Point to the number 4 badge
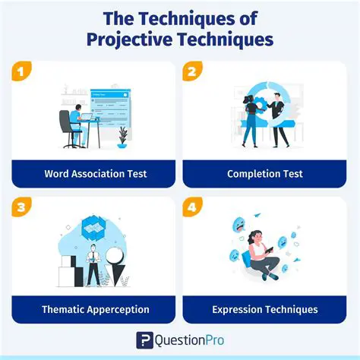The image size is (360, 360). coord(193,207)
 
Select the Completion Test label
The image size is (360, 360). coord(264,174)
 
